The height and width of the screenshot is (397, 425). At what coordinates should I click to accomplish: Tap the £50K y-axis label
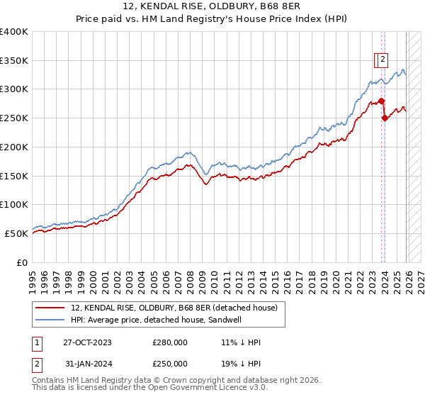[17, 233]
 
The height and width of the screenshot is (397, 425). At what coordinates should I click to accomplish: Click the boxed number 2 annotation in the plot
[382, 60]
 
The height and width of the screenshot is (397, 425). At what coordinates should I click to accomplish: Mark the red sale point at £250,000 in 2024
[385, 118]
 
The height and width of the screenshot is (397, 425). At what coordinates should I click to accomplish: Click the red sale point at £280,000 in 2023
[381, 101]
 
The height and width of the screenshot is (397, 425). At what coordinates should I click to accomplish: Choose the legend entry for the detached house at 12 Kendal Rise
[178, 308]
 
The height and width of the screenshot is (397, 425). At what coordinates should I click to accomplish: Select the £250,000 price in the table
[170, 364]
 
